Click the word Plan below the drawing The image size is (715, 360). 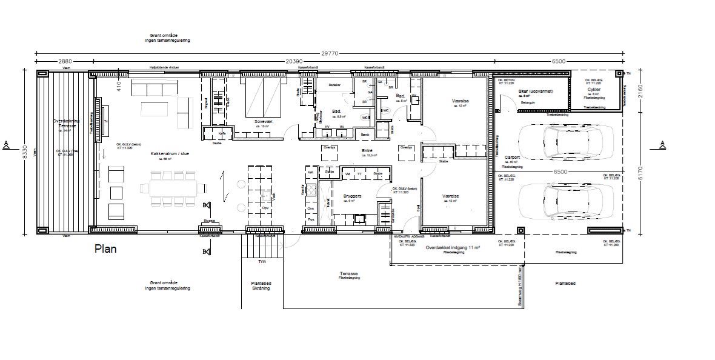[x=106, y=249]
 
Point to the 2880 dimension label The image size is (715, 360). [x=65, y=61]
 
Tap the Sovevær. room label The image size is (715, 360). [x=264, y=122]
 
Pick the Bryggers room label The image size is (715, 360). [x=353, y=197]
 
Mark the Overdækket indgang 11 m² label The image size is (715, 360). [x=453, y=248]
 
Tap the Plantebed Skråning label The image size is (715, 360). [x=262, y=285]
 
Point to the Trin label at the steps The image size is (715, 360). [x=262, y=262]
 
